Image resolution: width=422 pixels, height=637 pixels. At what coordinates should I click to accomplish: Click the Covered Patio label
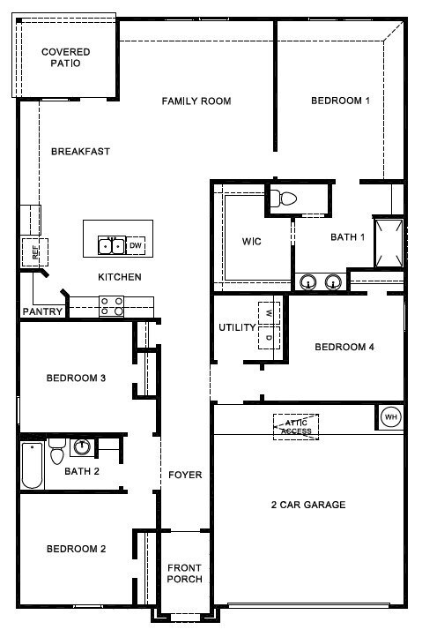coord(66,57)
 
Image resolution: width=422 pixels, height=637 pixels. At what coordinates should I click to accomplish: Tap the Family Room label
coord(196,101)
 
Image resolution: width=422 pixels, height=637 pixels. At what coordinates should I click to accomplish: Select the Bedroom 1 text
coord(340,101)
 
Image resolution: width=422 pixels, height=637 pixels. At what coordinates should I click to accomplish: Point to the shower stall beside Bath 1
coord(389,243)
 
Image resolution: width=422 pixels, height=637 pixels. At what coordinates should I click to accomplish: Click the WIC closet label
coord(252,242)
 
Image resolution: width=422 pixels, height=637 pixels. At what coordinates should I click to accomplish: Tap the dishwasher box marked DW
coord(136,245)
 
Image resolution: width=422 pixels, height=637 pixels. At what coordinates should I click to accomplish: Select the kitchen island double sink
coord(111,246)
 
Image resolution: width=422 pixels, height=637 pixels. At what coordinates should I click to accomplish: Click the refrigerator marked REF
coord(35,252)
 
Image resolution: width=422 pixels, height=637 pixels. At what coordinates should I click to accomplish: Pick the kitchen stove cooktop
coord(112,306)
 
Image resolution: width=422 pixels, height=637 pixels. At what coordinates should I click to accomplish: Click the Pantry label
coord(42,311)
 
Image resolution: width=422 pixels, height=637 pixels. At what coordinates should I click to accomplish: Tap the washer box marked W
coord(269,313)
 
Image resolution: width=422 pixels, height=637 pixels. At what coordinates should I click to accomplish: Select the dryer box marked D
coord(269,337)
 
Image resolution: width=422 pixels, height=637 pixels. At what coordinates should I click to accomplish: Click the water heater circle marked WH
coord(391,417)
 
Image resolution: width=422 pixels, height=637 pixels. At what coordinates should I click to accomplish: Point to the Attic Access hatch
coord(296,427)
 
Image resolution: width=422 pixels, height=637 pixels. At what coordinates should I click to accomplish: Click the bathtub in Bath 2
coord(32,465)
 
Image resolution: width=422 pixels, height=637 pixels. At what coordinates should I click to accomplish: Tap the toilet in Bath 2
coord(56,452)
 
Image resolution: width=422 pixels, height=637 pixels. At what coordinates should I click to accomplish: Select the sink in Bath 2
coord(82,446)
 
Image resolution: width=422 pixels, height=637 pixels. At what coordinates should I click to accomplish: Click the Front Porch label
coord(185,573)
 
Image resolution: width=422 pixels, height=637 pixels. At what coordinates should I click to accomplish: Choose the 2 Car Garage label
coord(308,505)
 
